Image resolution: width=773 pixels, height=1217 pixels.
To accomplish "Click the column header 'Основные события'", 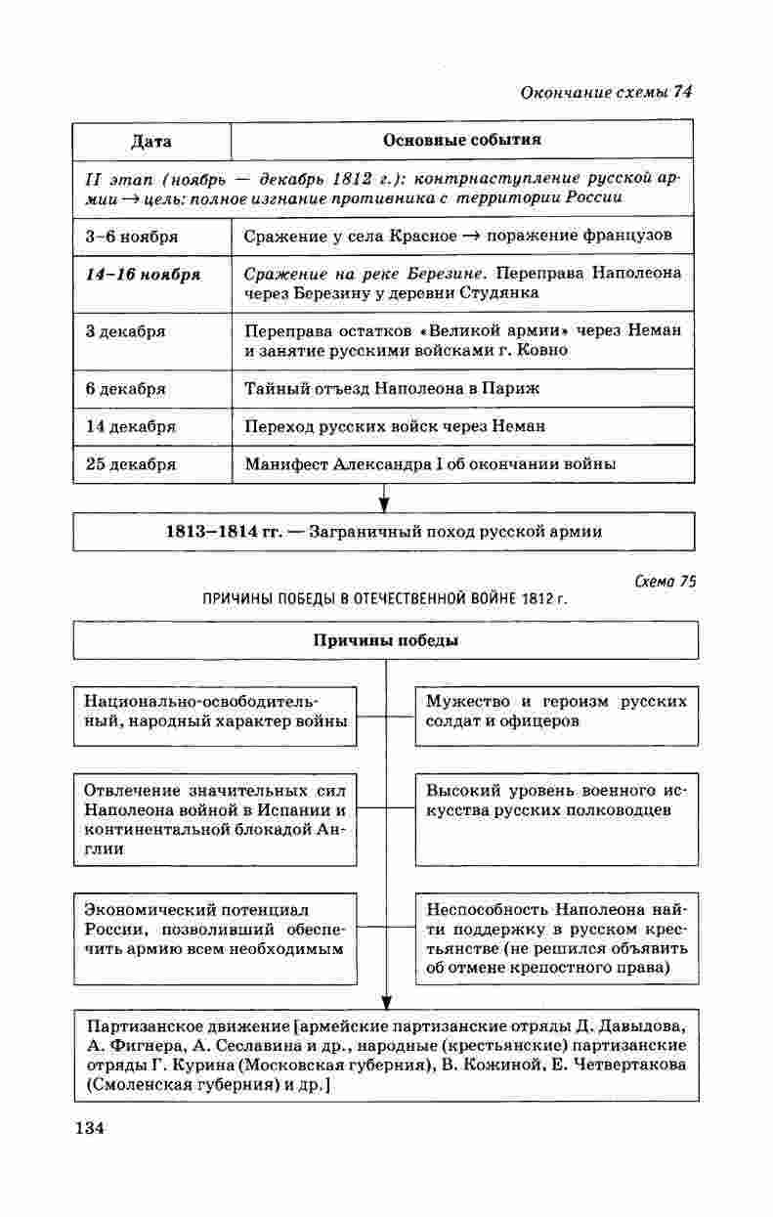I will click(x=462, y=140).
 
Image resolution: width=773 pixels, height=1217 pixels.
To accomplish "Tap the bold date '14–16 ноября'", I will click(x=143, y=274).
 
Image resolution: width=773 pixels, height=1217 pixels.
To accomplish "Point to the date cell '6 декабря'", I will click(x=126, y=388).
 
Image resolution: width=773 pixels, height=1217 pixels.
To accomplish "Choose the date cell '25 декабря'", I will click(x=131, y=464).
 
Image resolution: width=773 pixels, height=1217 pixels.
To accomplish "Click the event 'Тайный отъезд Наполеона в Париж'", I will click(x=392, y=388).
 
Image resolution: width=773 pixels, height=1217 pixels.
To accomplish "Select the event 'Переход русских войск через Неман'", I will click(x=395, y=426).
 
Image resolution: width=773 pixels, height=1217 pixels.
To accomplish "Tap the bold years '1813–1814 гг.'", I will click(x=224, y=532).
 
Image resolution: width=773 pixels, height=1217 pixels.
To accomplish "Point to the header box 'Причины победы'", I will click(x=385, y=640).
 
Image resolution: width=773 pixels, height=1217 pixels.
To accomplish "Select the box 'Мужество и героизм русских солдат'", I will click(x=556, y=712).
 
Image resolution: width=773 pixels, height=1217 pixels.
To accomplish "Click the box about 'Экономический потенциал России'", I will click(x=214, y=928).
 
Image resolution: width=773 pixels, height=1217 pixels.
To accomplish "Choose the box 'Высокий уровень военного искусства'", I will click(x=556, y=801).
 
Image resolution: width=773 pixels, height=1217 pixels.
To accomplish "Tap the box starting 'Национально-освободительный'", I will click(x=215, y=712).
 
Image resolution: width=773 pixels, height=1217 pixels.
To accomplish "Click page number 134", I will click(x=88, y=1128).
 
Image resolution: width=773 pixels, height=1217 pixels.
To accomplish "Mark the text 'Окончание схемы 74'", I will click(x=607, y=92).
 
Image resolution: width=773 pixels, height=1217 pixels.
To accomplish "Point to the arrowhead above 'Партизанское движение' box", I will click(x=385, y=1001).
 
